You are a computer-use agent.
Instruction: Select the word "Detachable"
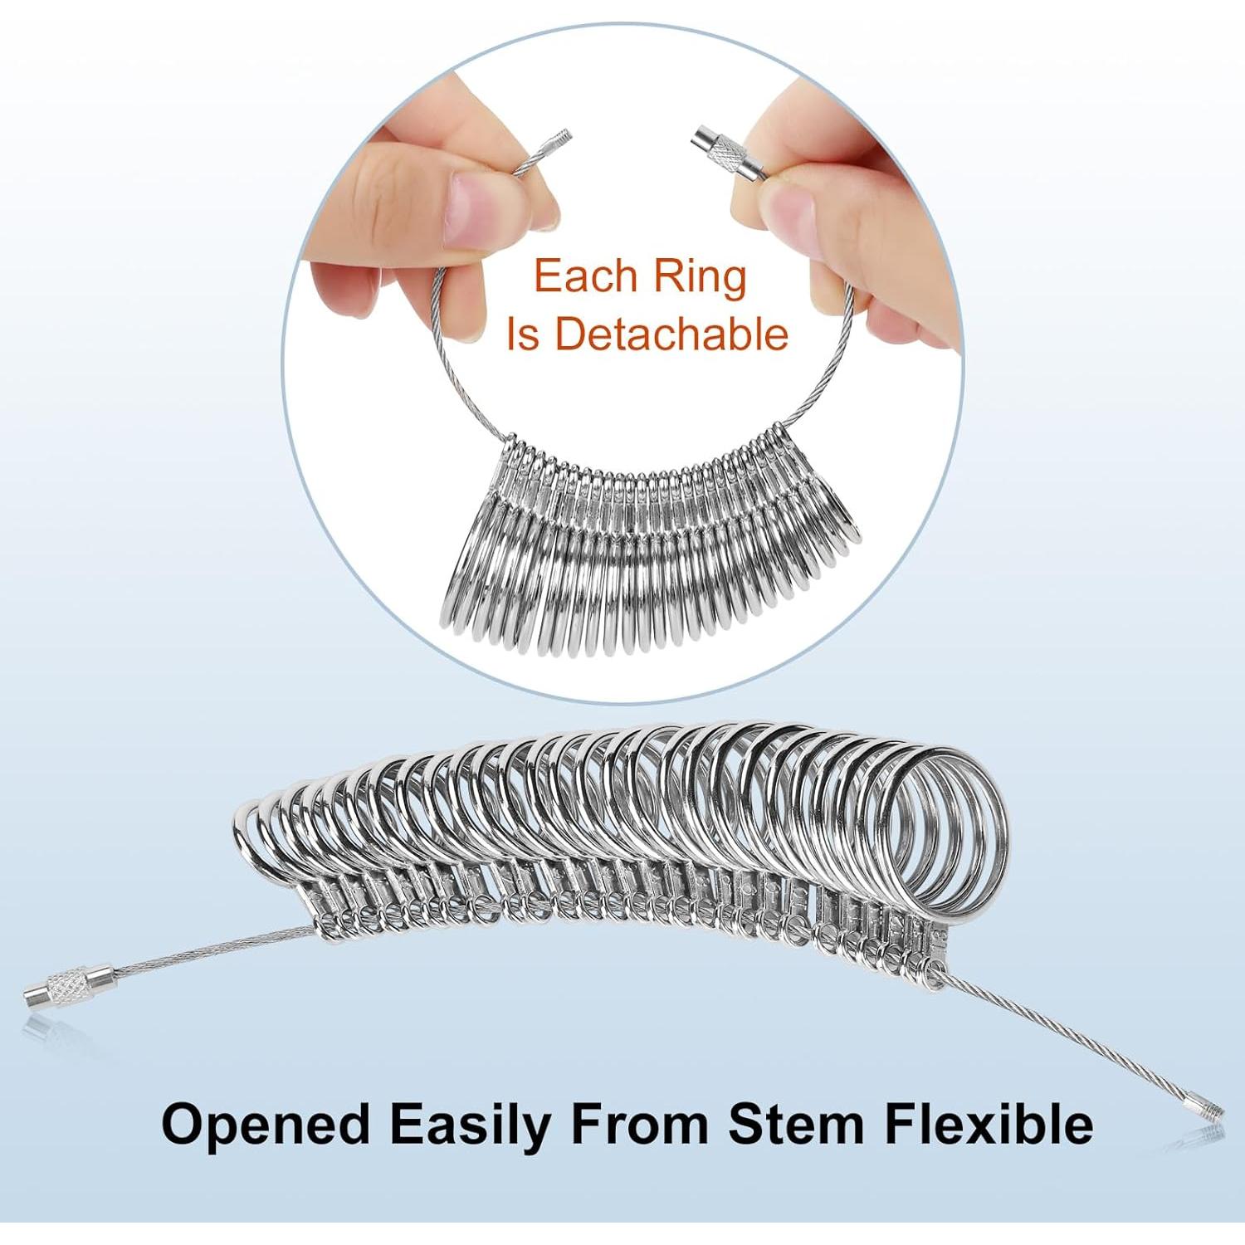671,334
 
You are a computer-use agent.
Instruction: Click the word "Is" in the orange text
523,334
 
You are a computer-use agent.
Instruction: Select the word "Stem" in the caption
794,1125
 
